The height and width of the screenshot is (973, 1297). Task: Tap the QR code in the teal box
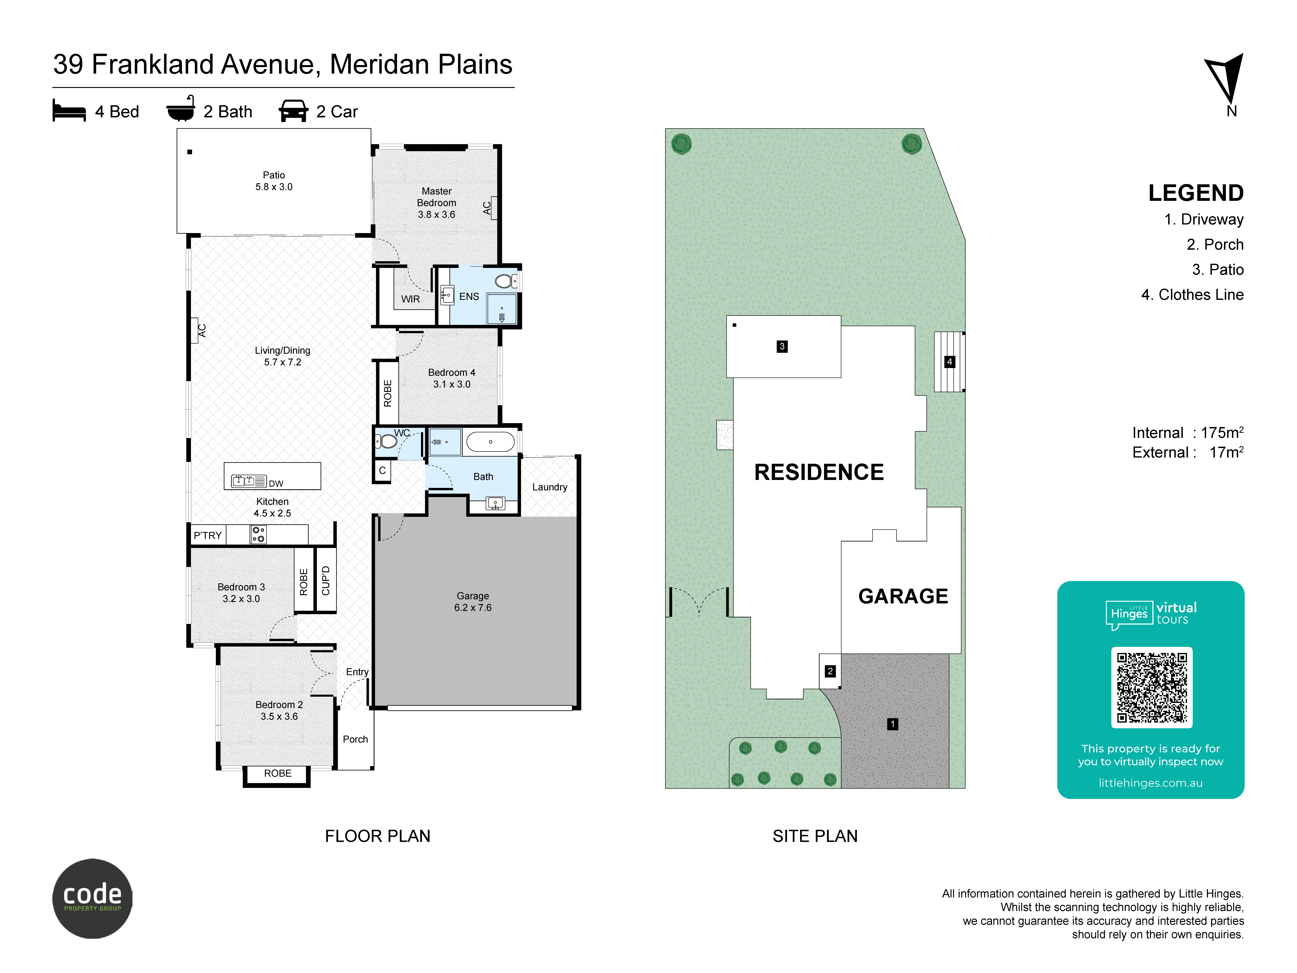[1152, 687]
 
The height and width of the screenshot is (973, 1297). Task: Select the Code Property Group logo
[93, 899]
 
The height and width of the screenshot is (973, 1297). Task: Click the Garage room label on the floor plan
[473, 602]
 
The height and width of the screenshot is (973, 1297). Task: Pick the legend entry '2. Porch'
[1215, 245]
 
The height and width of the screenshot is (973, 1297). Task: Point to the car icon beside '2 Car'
[293, 111]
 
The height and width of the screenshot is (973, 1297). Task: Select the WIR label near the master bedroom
[410, 299]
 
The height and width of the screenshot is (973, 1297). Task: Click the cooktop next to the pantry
[258, 534]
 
